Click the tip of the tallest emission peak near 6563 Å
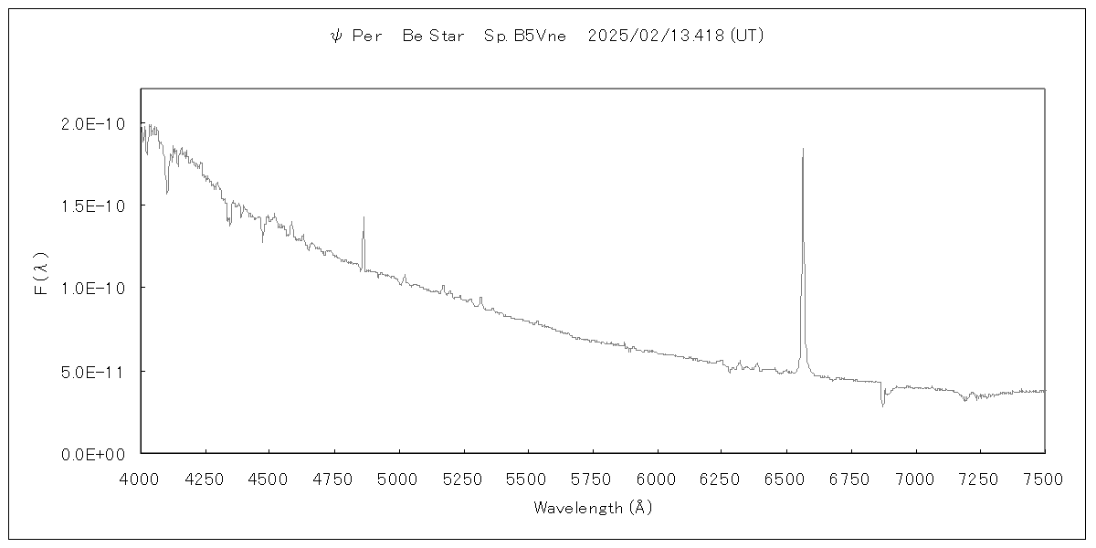click(x=803, y=149)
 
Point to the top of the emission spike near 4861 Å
click(x=364, y=217)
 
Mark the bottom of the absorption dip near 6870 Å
click(x=882, y=405)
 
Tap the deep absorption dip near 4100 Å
click(x=167, y=192)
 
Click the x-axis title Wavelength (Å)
click(x=593, y=508)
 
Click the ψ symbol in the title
click(x=335, y=37)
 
